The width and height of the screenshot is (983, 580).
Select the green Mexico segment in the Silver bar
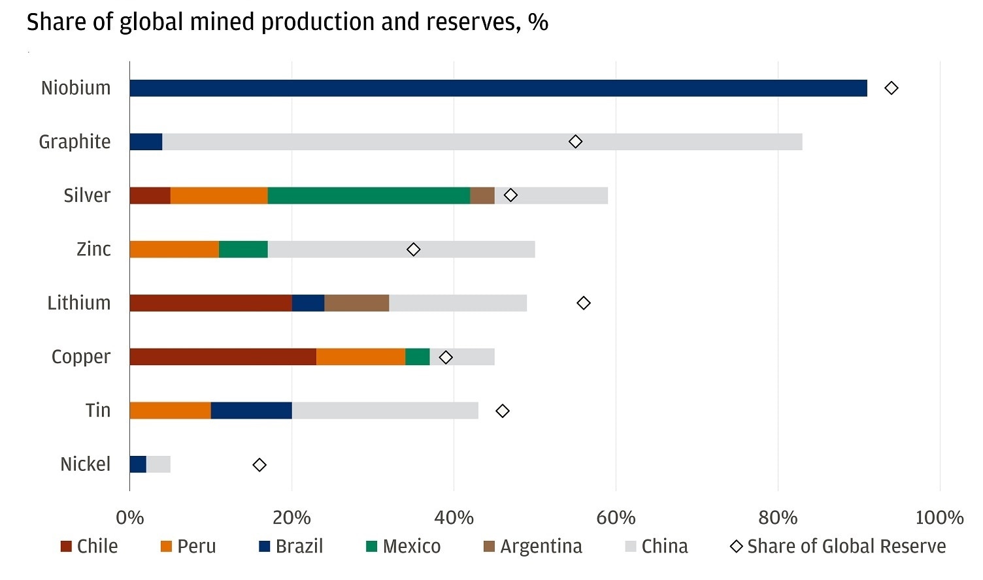369,195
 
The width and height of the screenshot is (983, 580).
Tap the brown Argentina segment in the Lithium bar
356,303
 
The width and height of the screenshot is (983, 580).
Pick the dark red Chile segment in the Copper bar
223,357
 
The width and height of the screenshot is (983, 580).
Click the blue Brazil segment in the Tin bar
251,410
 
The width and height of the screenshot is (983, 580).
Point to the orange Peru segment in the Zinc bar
174,249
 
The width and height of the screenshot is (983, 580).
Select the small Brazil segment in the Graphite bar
146,142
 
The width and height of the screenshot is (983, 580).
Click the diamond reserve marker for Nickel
259,465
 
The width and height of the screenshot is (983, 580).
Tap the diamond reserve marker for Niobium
891,88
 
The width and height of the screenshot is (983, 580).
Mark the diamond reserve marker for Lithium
584,303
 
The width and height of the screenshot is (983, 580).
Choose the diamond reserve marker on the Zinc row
413,250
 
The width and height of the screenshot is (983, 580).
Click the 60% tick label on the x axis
616,518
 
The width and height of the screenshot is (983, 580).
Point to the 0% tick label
129,518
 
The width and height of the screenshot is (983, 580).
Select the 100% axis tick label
939,518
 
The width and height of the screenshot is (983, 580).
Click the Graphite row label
75,142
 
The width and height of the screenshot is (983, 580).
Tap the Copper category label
81,357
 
